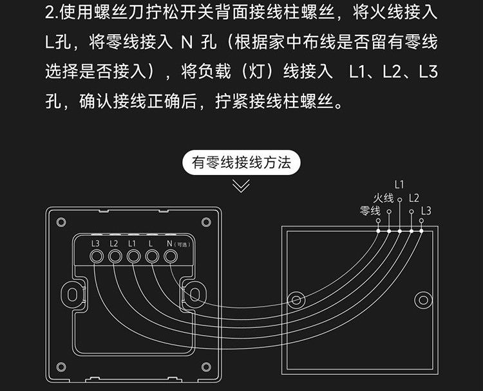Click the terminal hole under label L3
[97, 257]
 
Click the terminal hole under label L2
[115, 257]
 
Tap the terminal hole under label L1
[133, 257]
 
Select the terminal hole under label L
[152, 257]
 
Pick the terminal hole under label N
[171, 257]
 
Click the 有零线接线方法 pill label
[241, 162]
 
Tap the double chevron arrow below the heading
[241, 186]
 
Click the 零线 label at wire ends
[370, 211]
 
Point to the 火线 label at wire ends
[383, 198]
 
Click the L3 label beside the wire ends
[426, 211]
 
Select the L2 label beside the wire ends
[414, 198]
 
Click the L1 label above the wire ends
[399, 185]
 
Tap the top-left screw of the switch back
[61, 222]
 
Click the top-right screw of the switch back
[206, 222]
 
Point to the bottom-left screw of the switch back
[61, 367]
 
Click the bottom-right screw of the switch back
[206, 367]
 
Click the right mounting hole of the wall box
[422, 300]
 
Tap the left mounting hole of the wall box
[297, 300]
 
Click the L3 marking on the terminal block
[96, 243]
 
